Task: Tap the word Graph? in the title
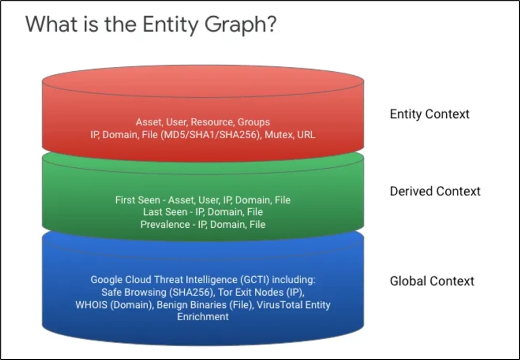click(240, 25)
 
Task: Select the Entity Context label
click(430, 114)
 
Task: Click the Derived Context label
click(435, 191)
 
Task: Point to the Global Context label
click(432, 281)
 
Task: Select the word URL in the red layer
click(306, 135)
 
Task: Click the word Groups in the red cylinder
click(254, 122)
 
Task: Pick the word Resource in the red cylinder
click(212, 122)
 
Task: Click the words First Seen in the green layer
click(138, 200)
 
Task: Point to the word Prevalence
click(165, 225)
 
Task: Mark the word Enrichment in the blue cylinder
click(203, 316)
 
